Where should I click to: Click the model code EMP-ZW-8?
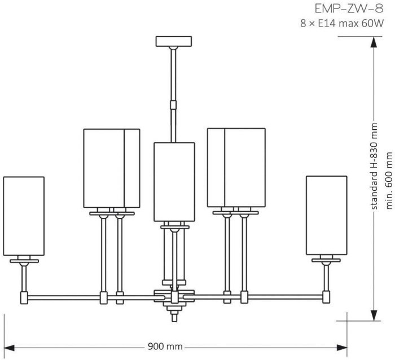pos(349,9)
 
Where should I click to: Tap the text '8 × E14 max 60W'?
pos(342,24)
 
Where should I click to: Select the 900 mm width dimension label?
pos(165,346)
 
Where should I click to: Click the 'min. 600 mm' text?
pos(389,181)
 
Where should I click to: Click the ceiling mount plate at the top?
pos(174,41)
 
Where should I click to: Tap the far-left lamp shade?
pos(24,216)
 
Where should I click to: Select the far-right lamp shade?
pos(327,216)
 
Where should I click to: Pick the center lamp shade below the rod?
pos(174,182)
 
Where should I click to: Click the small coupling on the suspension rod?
pos(173,105)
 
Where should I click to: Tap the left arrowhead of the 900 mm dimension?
pos(9,348)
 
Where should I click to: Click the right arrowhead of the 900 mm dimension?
pos(342,348)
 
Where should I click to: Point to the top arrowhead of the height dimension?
pos(374,42)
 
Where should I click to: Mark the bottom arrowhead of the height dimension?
pos(374,315)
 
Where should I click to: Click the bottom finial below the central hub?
pos(174,316)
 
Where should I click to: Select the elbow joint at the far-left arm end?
pos(24,298)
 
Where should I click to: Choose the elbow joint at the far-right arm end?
pos(326,297)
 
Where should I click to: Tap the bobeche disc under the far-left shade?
pos(24,261)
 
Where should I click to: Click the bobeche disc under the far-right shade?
pos(326,260)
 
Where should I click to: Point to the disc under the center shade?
pos(175,227)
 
